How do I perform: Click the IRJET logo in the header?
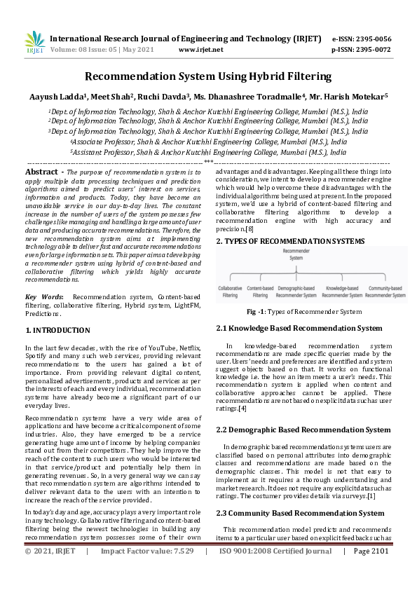point(34,43)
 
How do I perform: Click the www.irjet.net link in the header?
point(201,50)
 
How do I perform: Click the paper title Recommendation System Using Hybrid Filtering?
point(208,76)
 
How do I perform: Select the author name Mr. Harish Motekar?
point(354,96)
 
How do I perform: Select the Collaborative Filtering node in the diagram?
point(231,291)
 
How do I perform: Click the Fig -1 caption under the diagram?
point(303,312)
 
